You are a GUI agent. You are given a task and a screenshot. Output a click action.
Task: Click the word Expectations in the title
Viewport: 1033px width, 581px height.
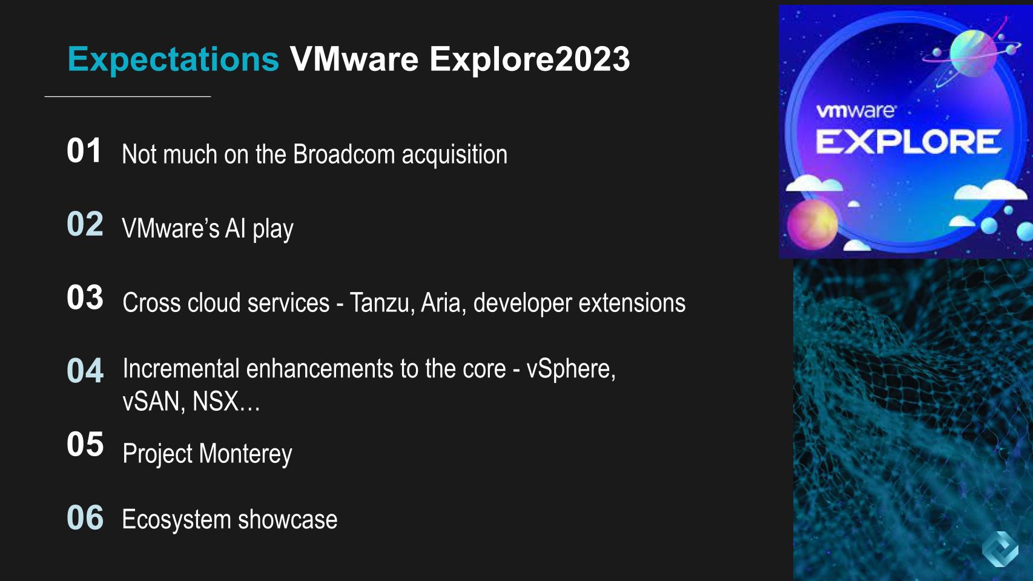173,59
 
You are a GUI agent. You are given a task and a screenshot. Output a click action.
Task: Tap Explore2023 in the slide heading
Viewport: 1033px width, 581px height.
530,59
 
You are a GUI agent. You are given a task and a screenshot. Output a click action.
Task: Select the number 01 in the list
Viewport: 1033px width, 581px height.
84,151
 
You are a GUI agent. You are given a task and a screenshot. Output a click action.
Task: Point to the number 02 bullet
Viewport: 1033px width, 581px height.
85,224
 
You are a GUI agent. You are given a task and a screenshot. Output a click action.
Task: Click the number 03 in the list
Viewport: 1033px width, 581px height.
85,297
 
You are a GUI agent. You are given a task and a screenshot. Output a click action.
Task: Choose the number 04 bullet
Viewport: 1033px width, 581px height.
85,371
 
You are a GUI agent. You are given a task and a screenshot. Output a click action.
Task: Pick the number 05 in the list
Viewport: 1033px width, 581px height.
85,444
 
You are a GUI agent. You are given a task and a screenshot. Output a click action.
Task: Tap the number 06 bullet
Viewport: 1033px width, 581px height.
85,518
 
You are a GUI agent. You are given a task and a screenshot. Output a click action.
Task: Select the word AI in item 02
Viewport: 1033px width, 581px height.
235,229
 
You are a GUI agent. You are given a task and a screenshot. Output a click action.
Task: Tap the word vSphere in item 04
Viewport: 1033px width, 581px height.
570,369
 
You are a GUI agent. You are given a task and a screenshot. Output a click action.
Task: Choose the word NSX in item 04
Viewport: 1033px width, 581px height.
216,402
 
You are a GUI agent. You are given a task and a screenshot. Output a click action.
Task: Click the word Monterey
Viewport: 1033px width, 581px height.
245,454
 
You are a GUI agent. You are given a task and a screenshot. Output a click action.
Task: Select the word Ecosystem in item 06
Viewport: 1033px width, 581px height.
176,520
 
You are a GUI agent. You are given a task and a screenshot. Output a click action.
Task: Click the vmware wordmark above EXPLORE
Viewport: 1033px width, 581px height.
856,111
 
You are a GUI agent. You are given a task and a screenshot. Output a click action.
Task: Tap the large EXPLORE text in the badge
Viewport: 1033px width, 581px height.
908,142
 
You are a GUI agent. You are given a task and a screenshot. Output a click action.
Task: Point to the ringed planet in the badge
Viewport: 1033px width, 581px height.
972,53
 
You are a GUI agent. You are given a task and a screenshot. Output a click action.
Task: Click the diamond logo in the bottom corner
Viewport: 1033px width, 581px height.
1000,549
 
